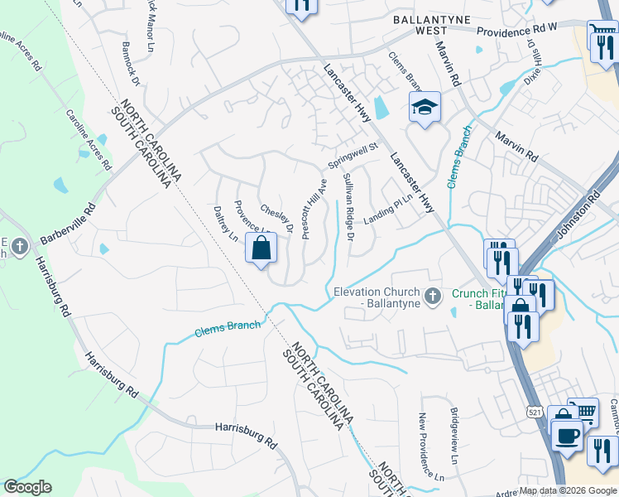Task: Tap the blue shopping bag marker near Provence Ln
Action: pos(261,248)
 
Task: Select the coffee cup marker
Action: pos(567,435)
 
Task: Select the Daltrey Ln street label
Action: pos(226,224)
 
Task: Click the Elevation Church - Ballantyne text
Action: pos(377,297)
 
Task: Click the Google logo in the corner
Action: pos(27,487)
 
